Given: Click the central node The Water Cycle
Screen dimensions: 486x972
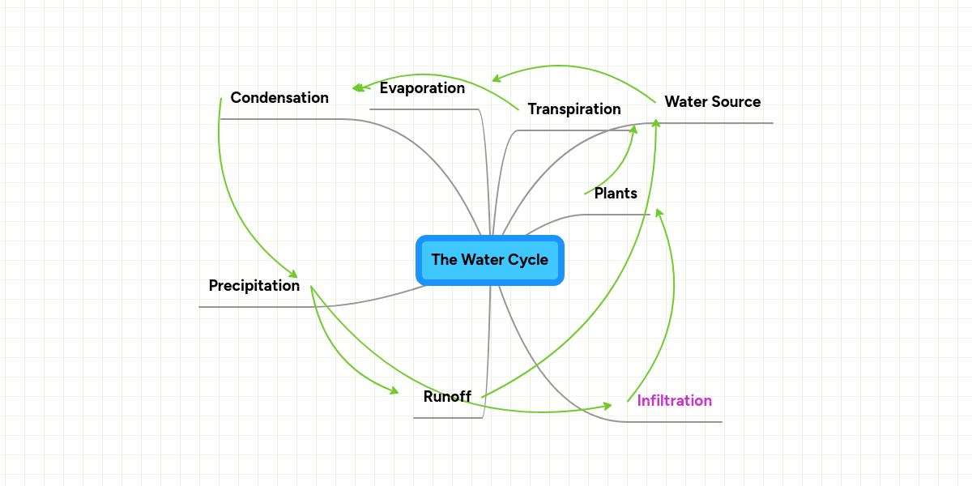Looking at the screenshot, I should tap(489, 260).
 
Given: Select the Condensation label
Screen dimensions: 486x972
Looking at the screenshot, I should tap(279, 98).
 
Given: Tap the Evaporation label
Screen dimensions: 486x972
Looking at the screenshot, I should tap(422, 88).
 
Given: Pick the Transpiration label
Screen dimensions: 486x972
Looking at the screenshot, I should tap(574, 109).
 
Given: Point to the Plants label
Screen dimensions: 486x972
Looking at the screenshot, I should tap(616, 194).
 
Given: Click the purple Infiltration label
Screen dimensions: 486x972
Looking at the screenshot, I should tap(674, 401).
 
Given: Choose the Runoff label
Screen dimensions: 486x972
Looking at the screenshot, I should tap(447, 397).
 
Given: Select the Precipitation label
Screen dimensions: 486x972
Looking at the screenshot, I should tap(254, 286).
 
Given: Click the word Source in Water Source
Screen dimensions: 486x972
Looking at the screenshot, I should tap(736, 102).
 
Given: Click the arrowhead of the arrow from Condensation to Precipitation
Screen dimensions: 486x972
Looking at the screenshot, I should tap(293, 275).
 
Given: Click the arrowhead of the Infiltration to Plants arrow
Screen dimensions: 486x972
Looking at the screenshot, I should tap(659, 212).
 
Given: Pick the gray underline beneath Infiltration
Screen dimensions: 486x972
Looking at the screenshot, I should tap(672, 422).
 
